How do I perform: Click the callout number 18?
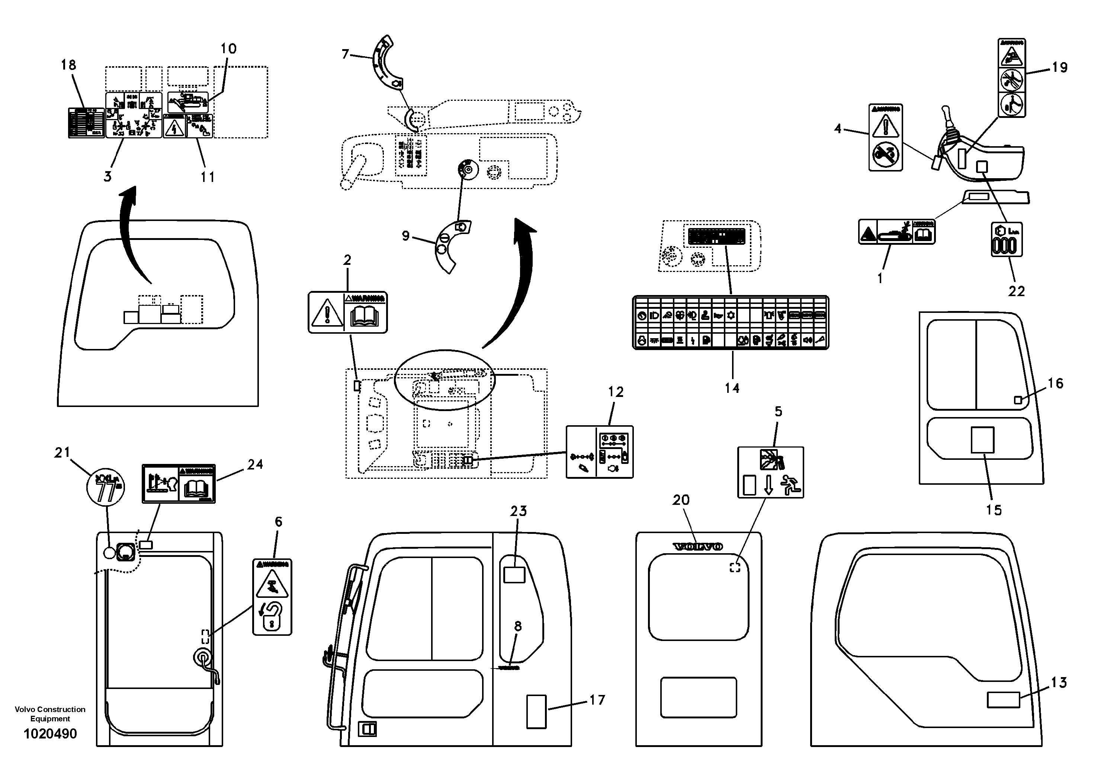pyautogui.click(x=68, y=65)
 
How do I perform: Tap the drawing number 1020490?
pyautogui.click(x=50, y=734)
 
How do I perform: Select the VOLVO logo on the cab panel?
pyautogui.click(x=698, y=547)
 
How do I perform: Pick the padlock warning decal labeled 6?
pyautogui.click(x=272, y=597)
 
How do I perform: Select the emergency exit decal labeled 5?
pyautogui.click(x=770, y=472)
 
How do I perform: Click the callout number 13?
pyautogui.click(x=1059, y=682)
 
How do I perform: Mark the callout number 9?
pyautogui.click(x=405, y=236)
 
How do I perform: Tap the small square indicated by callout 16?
pyautogui.click(x=1018, y=400)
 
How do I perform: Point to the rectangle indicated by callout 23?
pyautogui.click(x=514, y=575)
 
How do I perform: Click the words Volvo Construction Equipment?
pyautogui.click(x=50, y=714)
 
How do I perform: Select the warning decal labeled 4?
pyautogui.click(x=886, y=137)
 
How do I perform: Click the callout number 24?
pyautogui.click(x=255, y=464)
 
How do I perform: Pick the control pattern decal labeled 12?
pyautogui.click(x=599, y=452)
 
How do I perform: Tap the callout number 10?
pyautogui.click(x=228, y=49)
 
